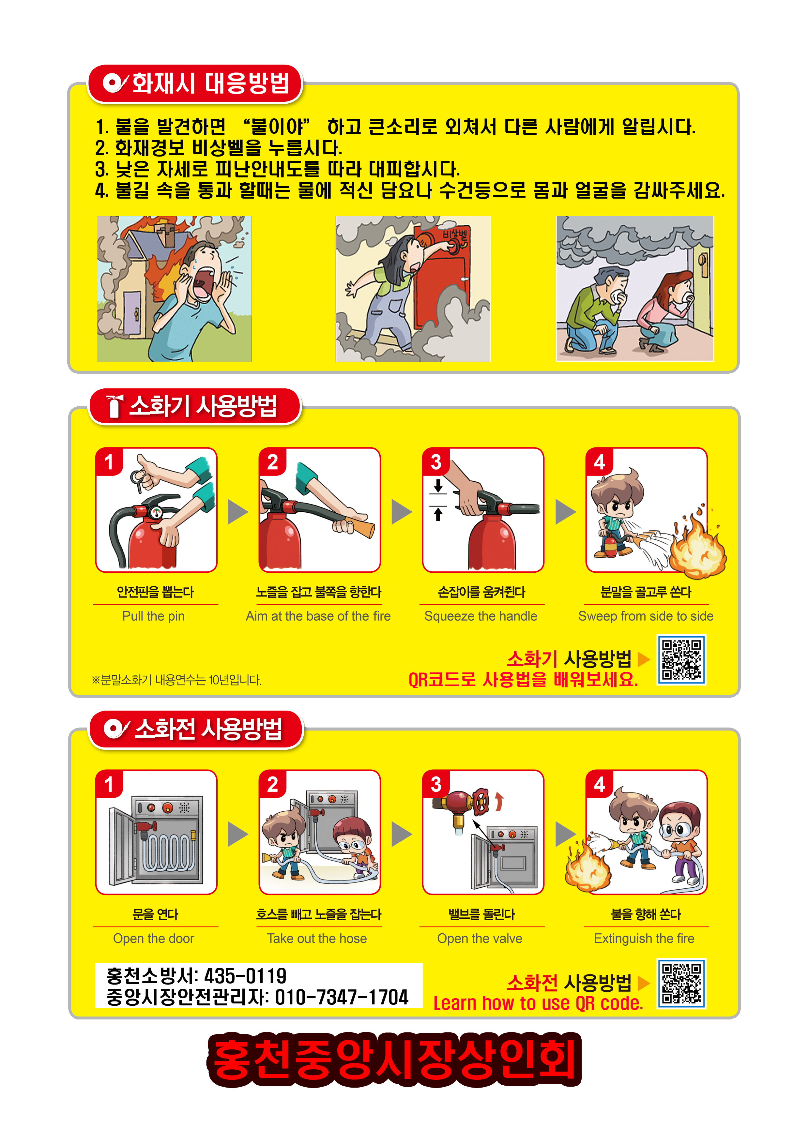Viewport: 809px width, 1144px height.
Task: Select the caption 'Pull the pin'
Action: point(154,616)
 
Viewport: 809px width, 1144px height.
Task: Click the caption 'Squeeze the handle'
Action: point(481,616)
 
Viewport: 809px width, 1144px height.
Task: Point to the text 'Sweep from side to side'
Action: point(646,616)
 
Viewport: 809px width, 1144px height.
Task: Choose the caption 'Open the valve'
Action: point(480,939)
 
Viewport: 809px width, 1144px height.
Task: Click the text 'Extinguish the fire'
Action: point(644,939)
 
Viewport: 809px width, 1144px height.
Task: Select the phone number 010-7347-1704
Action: point(342,997)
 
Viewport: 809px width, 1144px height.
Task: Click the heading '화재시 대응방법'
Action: point(210,83)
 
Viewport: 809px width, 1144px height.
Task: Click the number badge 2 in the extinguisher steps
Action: point(272,462)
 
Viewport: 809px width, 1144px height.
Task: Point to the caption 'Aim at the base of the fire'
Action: point(318,616)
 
